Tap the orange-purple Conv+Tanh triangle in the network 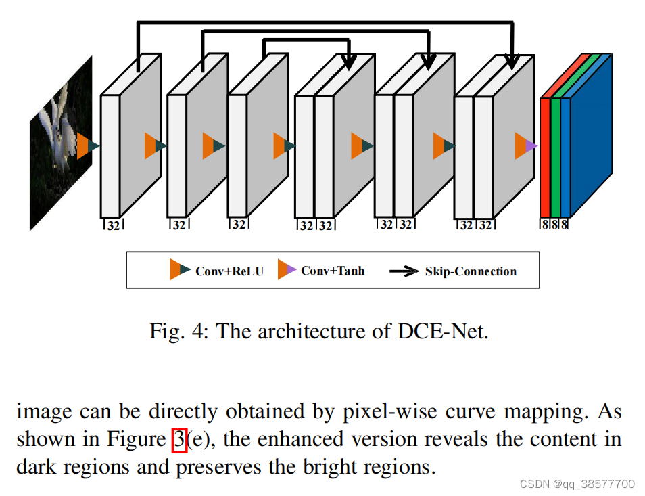click(x=526, y=145)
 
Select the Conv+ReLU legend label click(x=229, y=271)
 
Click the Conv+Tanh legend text click(x=333, y=271)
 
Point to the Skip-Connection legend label click(x=471, y=271)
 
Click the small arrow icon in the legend click(x=404, y=271)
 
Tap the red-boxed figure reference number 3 click(x=179, y=440)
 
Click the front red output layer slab click(x=545, y=157)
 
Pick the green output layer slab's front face click(x=555, y=157)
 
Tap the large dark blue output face click(x=591, y=135)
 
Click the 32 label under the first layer click(x=113, y=225)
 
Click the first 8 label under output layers click(x=545, y=225)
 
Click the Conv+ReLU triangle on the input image click(x=88, y=145)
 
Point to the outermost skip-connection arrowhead click(x=511, y=62)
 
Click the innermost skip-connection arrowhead click(x=348, y=62)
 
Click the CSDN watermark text click(x=577, y=484)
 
